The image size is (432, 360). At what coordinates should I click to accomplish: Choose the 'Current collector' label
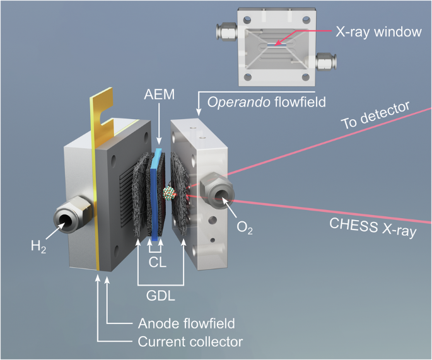(190, 342)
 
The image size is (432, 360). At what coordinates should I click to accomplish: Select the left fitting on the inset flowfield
(226, 29)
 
